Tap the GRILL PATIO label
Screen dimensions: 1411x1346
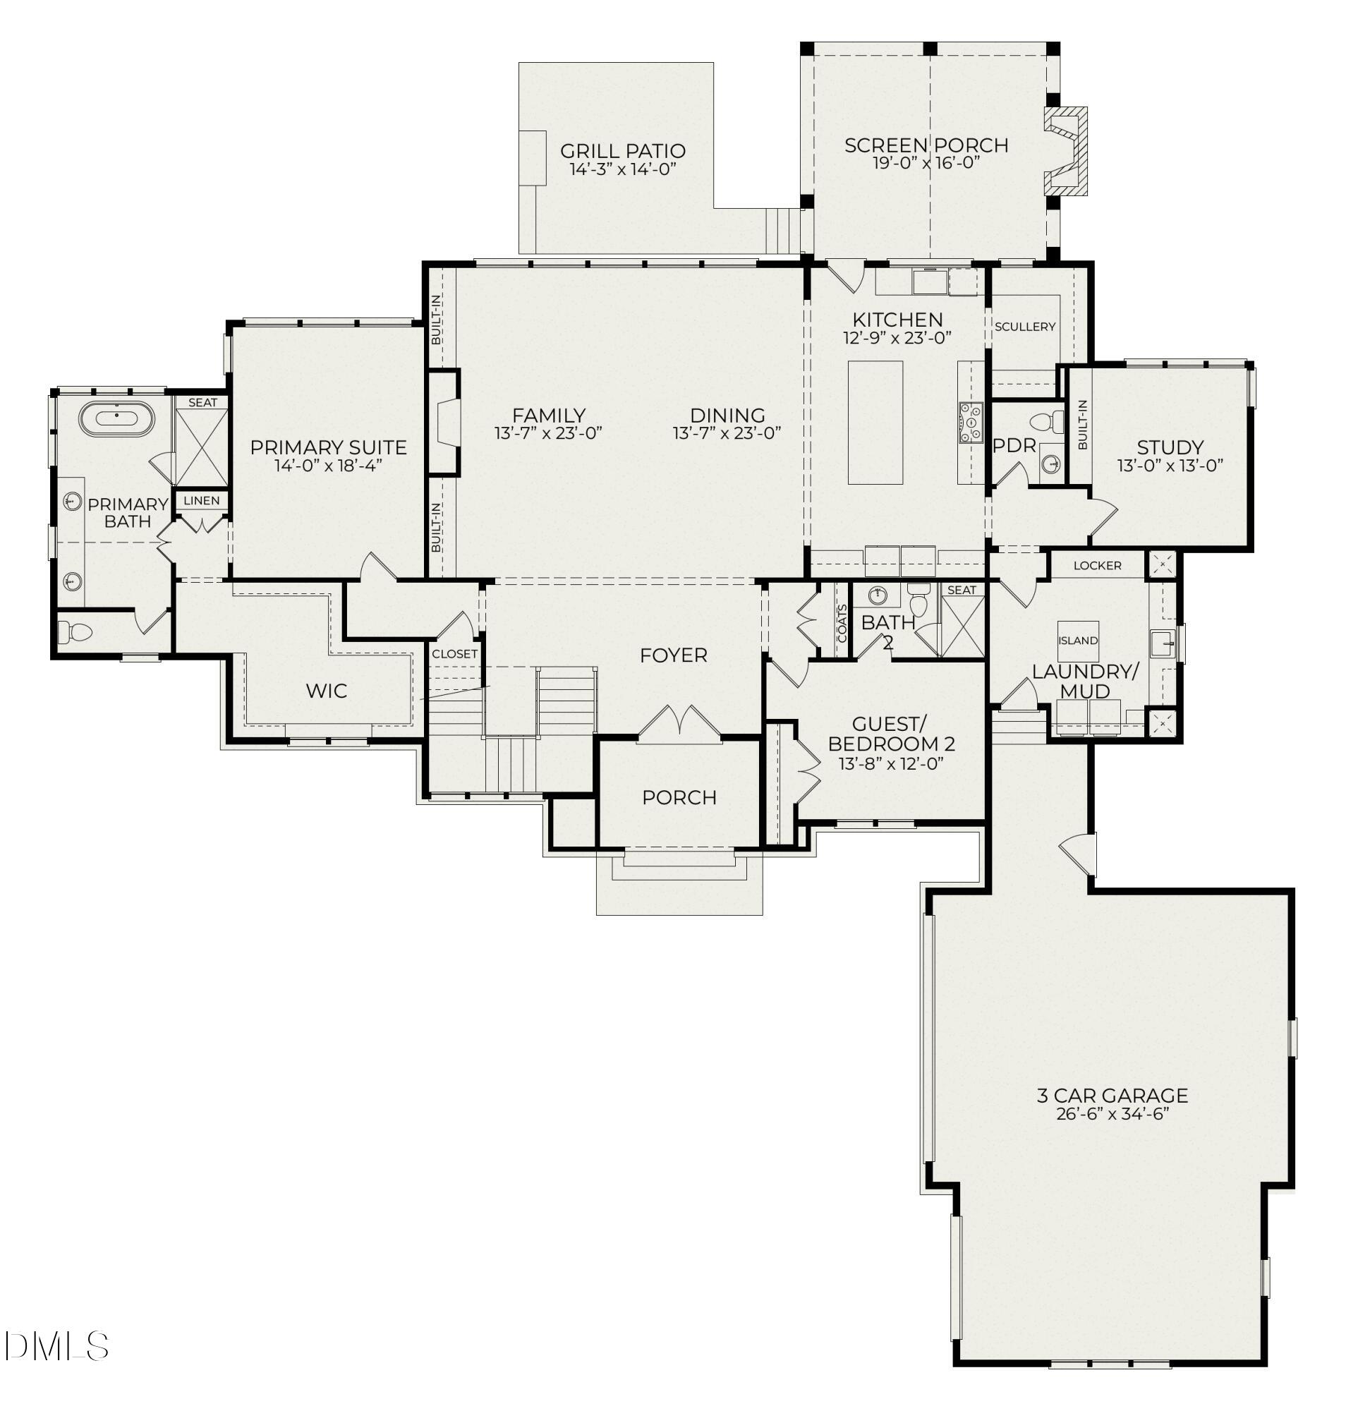(x=622, y=152)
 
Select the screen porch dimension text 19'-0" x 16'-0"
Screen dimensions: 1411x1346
(x=926, y=163)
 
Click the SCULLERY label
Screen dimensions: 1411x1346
(x=1024, y=327)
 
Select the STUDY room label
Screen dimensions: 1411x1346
(x=1170, y=447)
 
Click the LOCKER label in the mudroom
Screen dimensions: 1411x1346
(x=1096, y=566)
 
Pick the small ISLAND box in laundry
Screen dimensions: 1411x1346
(x=1078, y=640)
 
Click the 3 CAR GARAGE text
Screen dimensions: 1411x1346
(x=1111, y=1095)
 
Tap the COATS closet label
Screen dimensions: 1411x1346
(x=842, y=622)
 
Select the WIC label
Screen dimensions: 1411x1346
(x=327, y=691)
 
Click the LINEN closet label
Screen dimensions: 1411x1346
(x=202, y=500)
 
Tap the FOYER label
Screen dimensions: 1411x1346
(x=673, y=655)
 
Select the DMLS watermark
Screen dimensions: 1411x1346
(x=56, y=1347)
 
